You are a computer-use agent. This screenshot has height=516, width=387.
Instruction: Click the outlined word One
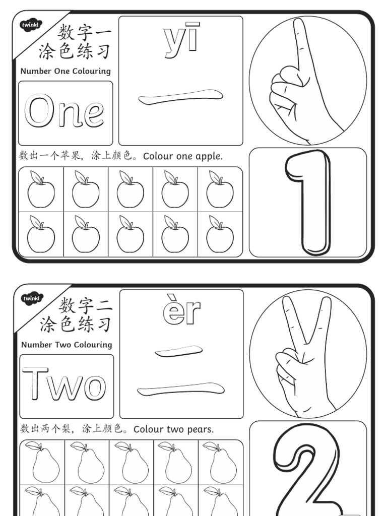(64, 112)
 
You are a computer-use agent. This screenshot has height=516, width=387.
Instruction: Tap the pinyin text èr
(182, 312)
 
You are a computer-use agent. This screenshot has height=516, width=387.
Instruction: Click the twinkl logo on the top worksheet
(31, 25)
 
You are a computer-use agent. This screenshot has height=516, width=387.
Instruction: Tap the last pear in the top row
(221, 463)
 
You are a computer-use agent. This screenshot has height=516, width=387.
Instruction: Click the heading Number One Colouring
(66, 71)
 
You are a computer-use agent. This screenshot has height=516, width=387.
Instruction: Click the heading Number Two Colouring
(67, 345)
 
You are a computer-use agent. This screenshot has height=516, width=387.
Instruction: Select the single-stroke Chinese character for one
(180, 97)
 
